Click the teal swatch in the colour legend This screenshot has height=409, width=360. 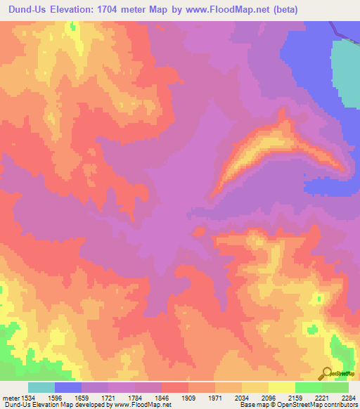coord(41,387)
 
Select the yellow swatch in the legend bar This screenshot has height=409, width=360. coord(281,387)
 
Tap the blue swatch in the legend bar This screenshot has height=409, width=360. coord(67,387)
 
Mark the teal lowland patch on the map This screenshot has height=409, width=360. coord(345,70)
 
